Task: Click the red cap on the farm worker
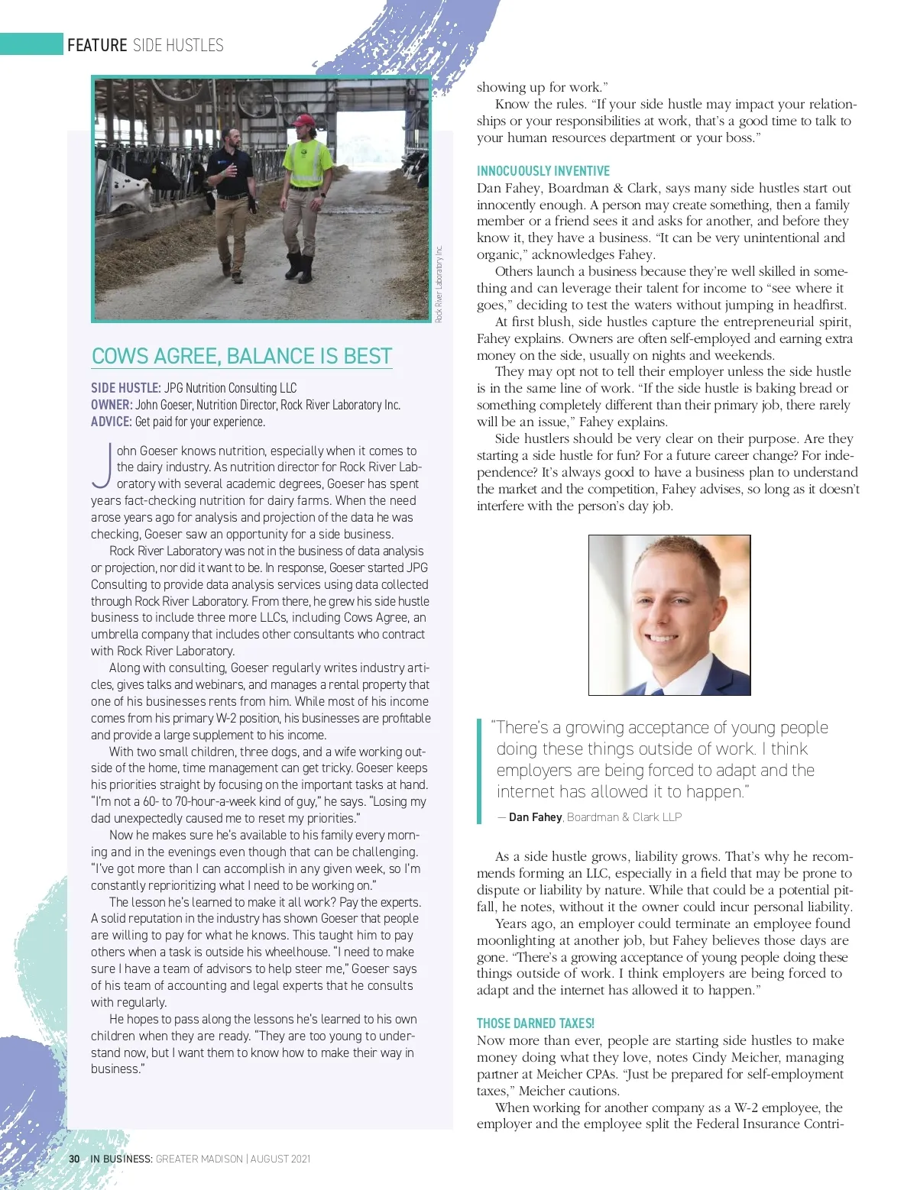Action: point(304,121)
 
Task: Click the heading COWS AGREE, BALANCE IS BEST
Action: point(241,356)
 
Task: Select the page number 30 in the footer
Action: point(74,1159)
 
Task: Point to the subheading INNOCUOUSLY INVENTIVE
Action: point(543,171)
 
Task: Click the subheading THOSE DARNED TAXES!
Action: point(535,1023)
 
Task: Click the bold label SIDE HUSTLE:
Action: point(125,388)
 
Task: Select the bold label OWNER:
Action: point(112,405)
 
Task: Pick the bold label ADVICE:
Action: point(112,422)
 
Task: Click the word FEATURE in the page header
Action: point(97,45)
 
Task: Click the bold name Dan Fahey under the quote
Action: point(535,817)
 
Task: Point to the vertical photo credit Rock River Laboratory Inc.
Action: point(439,283)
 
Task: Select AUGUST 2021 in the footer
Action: point(280,1159)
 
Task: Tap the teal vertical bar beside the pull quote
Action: point(479,771)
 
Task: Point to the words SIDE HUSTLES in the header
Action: point(178,45)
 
